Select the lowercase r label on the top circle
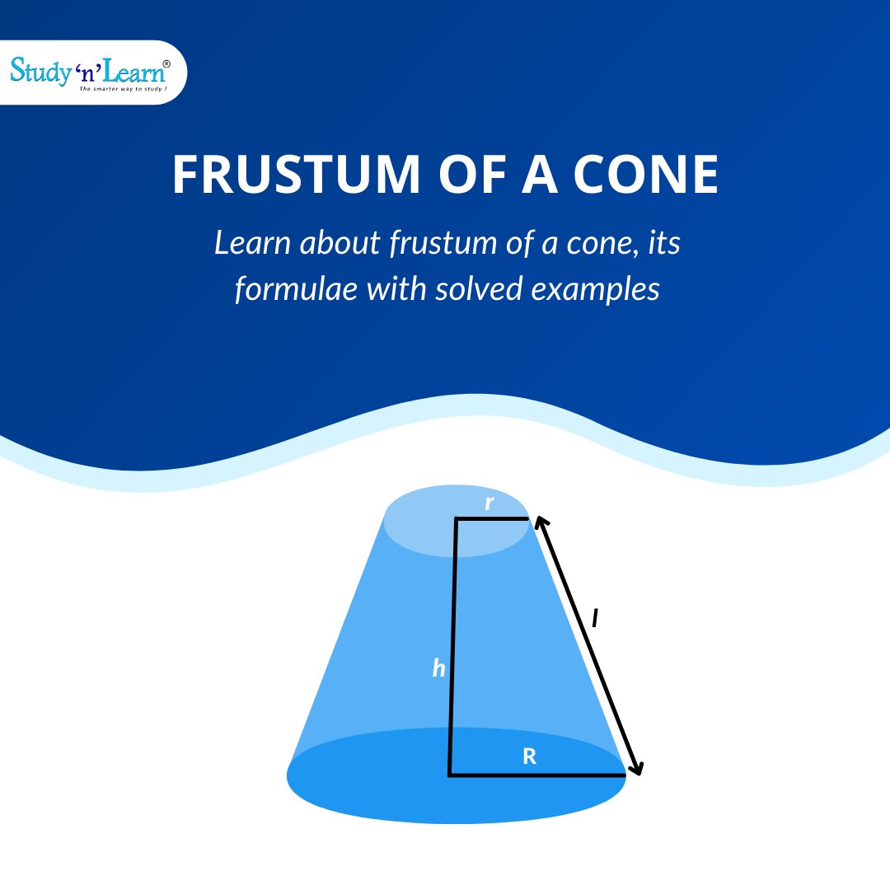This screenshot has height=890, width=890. [x=489, y=504]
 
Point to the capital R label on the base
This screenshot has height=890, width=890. [x=530, y=756]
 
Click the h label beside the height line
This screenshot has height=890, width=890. [x=439, y=669]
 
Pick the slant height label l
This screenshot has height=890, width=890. [x=595, y=618]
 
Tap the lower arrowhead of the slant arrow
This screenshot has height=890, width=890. [x=635, y=769]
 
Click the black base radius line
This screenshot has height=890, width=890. [x=536, y=775]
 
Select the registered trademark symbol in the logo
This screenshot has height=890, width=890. [x=167, y=63]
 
